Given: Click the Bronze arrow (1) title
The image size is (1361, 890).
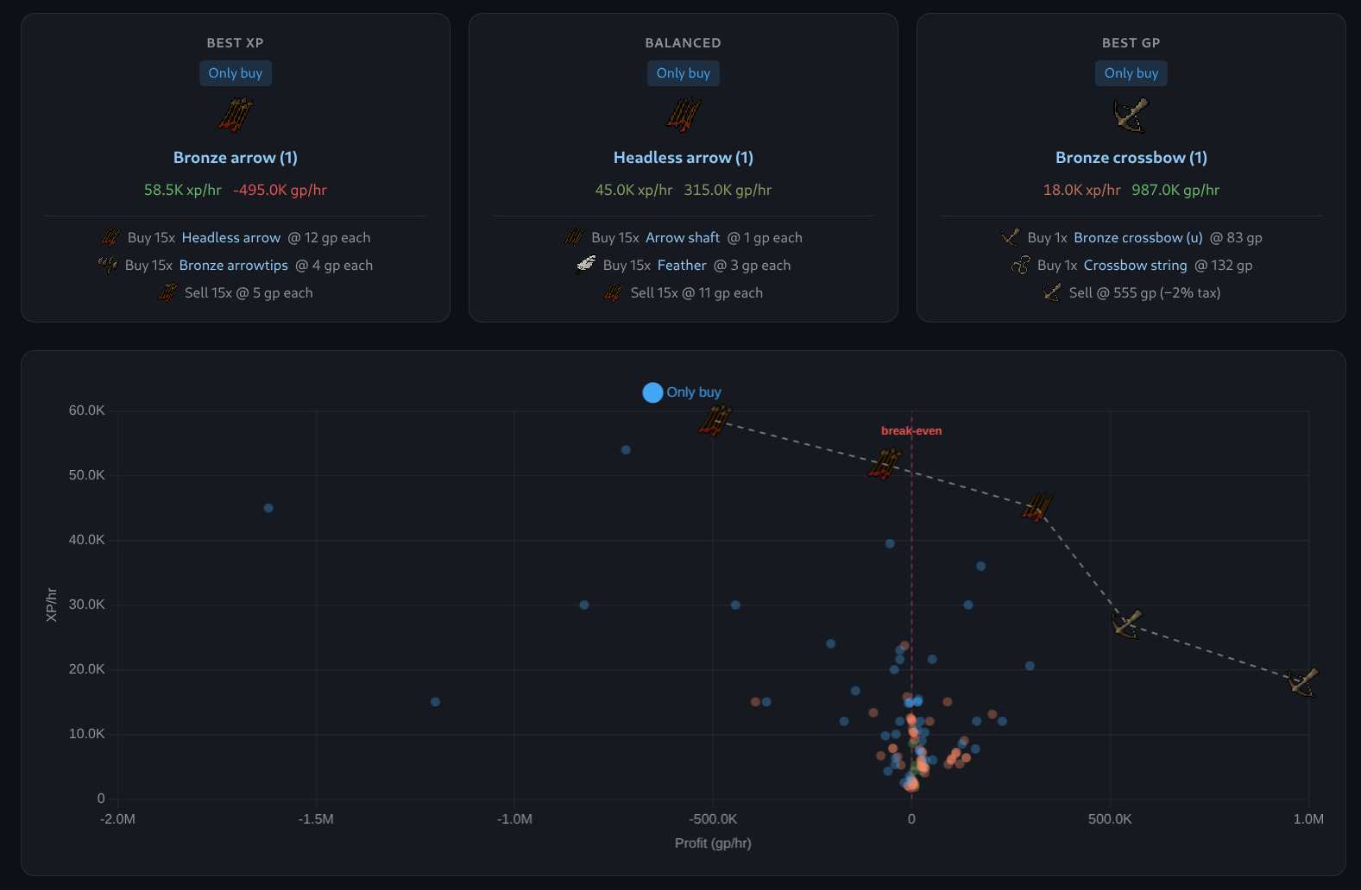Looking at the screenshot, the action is click(x=235, y=158).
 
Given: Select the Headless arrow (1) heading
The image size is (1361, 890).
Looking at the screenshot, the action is click(x=683, y=158).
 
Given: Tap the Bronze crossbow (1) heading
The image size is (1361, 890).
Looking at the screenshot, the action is click(x=1131, y=158).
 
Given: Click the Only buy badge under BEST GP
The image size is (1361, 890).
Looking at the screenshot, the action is click(x=1131, y=73).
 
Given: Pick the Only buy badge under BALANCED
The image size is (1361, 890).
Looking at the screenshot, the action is click(x=683, y=73).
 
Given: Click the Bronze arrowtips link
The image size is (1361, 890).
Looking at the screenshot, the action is click(x=233, y=266).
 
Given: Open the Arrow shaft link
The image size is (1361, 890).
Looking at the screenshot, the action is click(x=683, y=237).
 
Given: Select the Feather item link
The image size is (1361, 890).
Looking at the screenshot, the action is click(x=682, y=266).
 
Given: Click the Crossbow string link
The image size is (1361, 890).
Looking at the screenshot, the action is click(x=1135, y=266).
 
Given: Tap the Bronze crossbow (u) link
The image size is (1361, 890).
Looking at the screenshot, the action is click(x=1138, y=237).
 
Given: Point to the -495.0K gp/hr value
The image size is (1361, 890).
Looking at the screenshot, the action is click(x=280, y=190).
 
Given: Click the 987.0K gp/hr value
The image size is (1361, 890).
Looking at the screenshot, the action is click(x=1175, y=190).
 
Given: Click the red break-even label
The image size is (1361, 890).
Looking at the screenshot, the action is click(x=911, y=431).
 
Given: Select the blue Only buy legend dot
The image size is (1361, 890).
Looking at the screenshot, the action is click(x=652, y=392).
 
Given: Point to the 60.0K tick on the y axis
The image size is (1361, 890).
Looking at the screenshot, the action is click(x=86, y=411).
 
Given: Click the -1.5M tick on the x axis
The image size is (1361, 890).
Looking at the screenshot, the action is click(x=316, y=819).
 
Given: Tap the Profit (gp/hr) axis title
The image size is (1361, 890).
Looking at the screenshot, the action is click(x=713, y=843).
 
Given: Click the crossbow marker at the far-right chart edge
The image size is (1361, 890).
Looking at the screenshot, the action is click(x=1302, y=682).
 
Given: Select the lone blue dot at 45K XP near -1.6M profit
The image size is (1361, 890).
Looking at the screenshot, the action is click(x=268, y=508).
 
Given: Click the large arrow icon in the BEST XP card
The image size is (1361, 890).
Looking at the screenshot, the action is click(x=235, y=115).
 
